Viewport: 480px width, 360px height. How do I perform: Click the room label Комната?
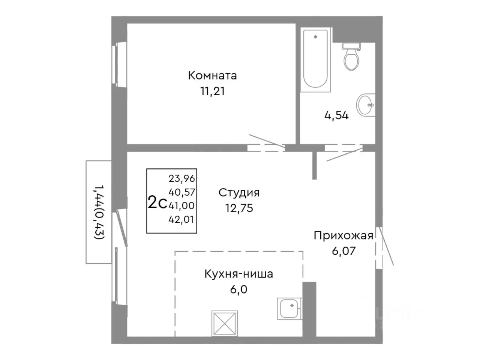coord(212,75)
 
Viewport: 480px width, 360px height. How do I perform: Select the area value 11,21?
coord(212,91)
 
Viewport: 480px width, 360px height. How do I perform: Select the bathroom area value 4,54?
coord(336,115)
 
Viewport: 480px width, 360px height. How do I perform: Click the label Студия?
coord(239,193)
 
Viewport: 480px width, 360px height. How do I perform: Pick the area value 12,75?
coord(239,208)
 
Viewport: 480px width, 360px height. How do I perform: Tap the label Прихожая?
coord(343,235)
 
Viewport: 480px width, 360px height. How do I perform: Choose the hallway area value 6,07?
coord(343,251)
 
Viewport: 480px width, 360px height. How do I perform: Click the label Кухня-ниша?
coord(238,274)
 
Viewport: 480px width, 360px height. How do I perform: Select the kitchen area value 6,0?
coord(238,289)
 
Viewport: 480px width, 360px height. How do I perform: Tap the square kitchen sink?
coord(289,308)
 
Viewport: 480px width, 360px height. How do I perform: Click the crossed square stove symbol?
coord(224,323)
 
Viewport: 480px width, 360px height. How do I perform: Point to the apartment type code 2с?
coord(157,202)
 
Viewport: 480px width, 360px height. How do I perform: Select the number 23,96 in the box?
coord(182,179)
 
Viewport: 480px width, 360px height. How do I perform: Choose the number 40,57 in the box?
coord(182,192)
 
